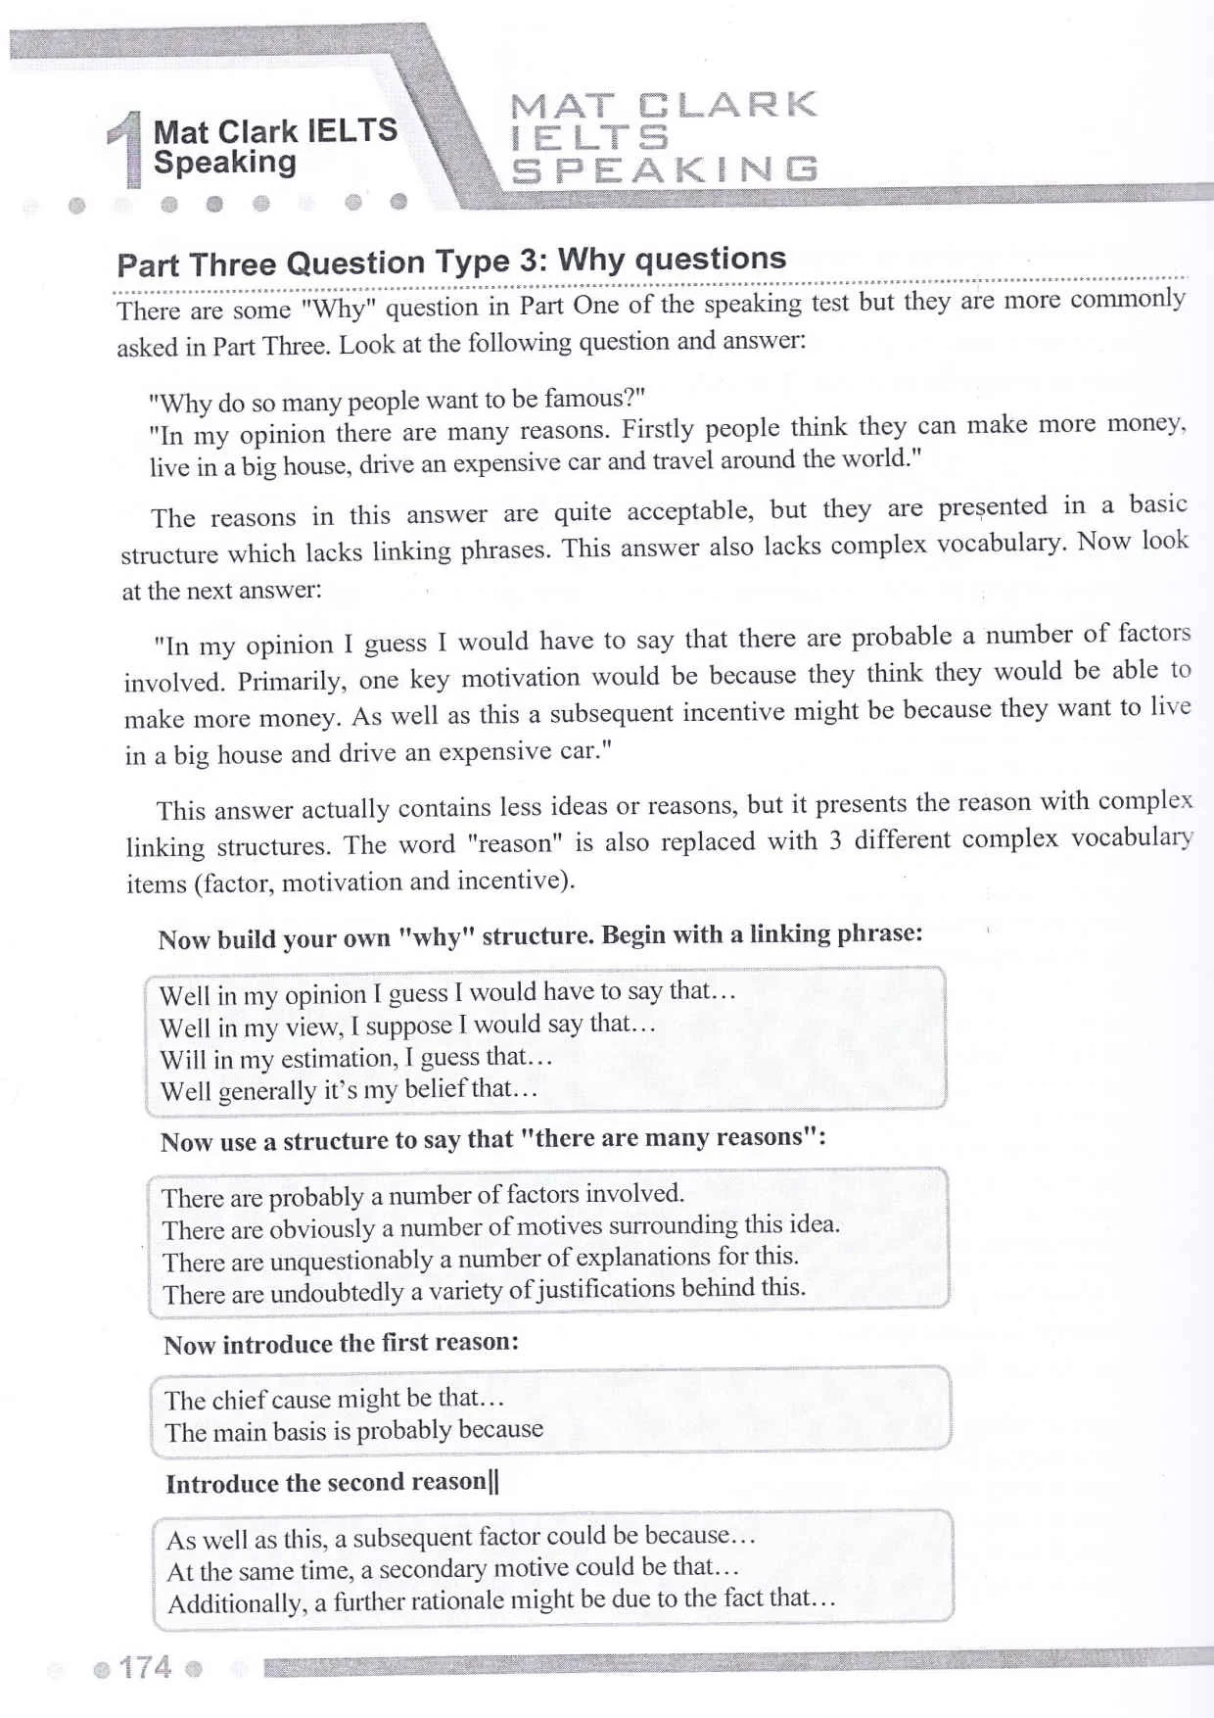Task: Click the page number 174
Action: point(145,1667)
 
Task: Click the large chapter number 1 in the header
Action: point(124,149)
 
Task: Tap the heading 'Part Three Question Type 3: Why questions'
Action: point(451,261)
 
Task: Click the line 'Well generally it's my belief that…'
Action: point(350,1089)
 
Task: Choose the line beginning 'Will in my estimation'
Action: point(356,1058)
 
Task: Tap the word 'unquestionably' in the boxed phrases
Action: point(351,1261)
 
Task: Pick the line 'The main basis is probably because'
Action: point(353,1431)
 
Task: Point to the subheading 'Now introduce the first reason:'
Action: point(341,1344)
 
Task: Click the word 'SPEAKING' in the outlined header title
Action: point(665,169)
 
